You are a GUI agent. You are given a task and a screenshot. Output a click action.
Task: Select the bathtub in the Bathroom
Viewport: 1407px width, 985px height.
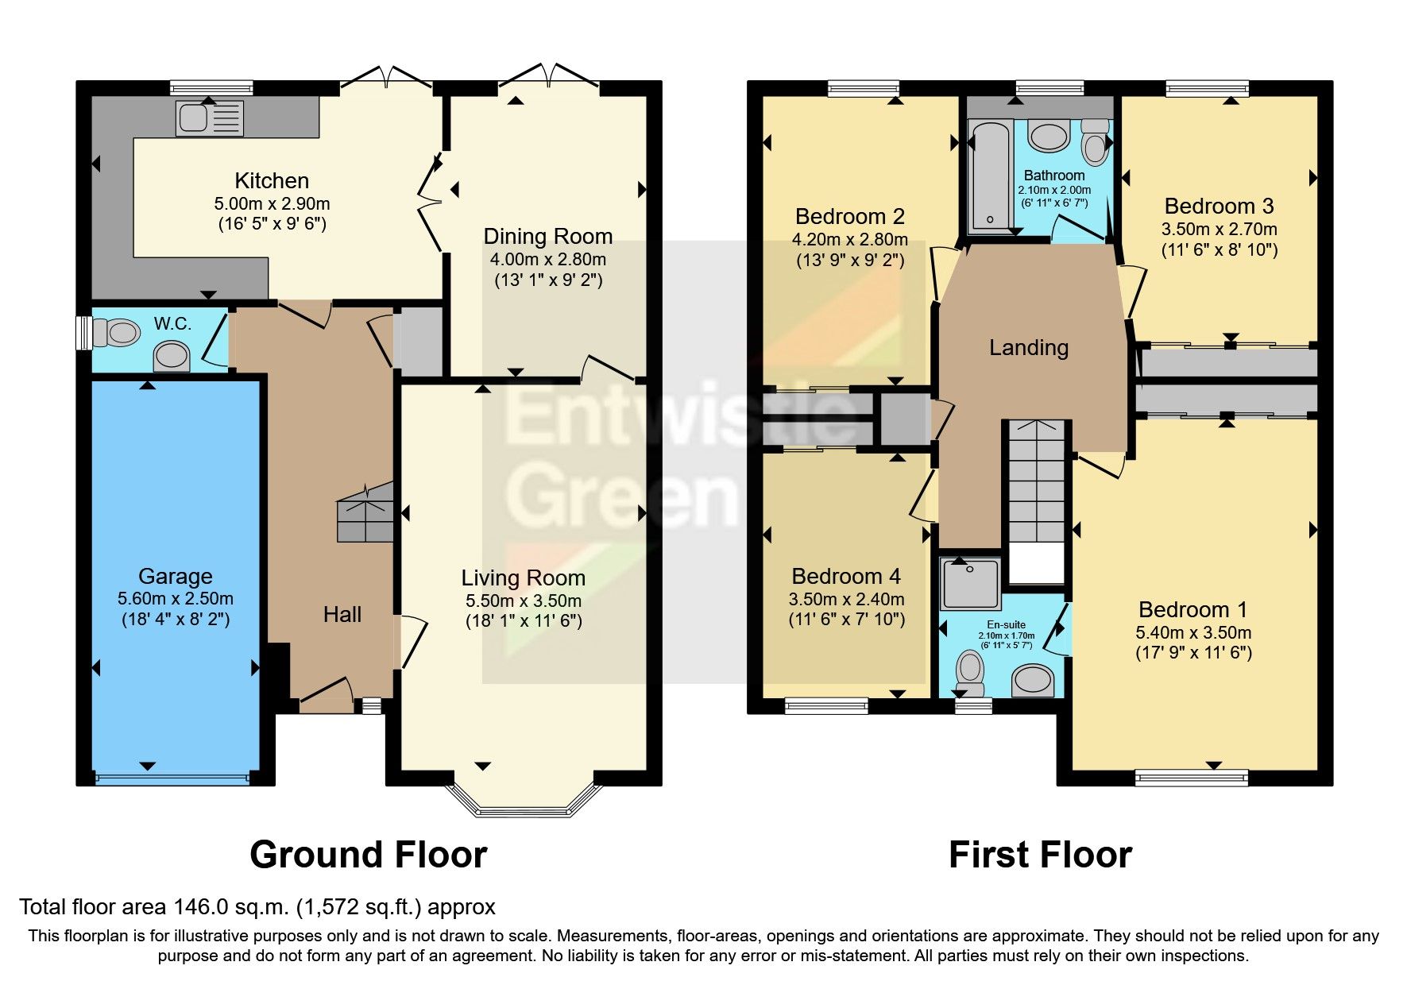[x=990, y=176]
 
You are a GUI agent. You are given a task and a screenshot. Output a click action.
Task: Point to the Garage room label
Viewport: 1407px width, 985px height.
[x=175, y=576]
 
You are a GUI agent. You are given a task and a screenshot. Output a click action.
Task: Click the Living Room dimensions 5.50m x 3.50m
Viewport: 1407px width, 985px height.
[x=524, y=601]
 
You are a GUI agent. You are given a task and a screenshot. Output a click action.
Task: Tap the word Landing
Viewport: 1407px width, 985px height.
[x=1028, y=347]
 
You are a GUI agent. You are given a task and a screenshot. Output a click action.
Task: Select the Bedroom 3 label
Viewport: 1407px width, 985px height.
[x=1219, y=207]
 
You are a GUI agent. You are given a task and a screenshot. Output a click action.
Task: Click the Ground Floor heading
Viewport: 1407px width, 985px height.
[x=368, y=855]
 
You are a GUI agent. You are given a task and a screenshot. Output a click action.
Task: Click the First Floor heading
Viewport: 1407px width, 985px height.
[x=1039, y=855]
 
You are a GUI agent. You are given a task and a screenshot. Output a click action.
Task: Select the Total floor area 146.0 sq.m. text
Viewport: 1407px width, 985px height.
[x=257, y=906]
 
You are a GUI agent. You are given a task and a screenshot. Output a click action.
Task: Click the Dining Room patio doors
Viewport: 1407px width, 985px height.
[x=550, y=75]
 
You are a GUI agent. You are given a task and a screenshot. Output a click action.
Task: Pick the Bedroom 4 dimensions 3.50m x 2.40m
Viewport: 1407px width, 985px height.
[x=846, y=599]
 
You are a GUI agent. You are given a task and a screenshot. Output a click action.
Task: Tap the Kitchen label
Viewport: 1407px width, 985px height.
[x=272, y=181]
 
